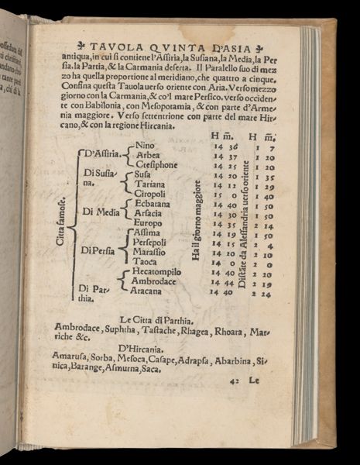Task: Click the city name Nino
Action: [x=145, y=145]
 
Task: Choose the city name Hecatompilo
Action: [x=156, y=272]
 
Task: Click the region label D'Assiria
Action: [x=100, y=153]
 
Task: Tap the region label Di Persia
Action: [x=98, y=250]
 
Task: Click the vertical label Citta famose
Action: [x=60, y=222]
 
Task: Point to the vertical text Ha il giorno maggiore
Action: [x=197, y=220]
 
